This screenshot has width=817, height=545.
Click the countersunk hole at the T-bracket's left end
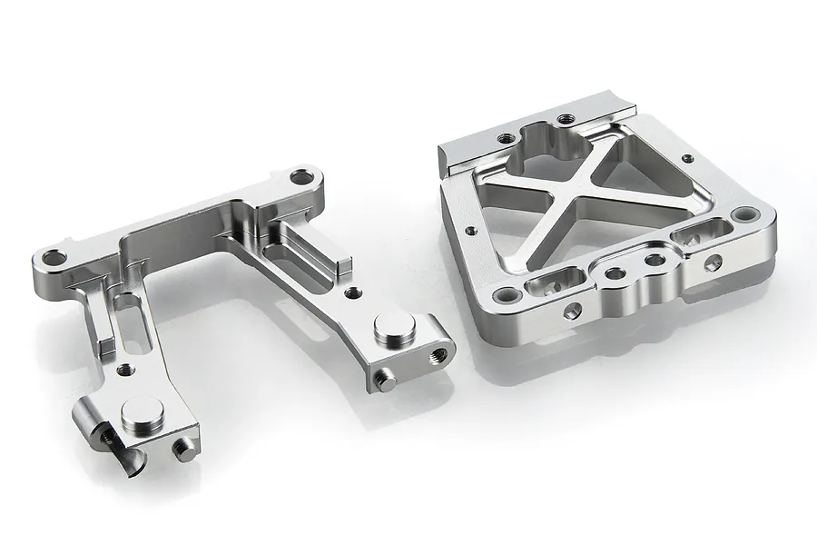(x=55, y=257)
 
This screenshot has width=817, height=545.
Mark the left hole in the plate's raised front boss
(x=615, y=272)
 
